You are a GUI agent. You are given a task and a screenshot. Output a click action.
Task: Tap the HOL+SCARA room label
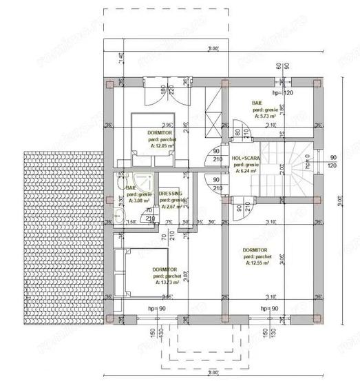tap(246, 158)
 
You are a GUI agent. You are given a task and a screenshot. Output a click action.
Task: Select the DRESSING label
tap(170, 194)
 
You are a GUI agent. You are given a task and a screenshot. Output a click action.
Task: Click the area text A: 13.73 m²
tap(167, 282)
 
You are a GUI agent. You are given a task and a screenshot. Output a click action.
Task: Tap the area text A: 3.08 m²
tap(138, 203)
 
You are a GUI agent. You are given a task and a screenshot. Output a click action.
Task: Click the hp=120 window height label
tap(283, 92)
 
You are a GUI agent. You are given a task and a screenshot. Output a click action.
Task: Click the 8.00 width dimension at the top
tap(213, 50)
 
